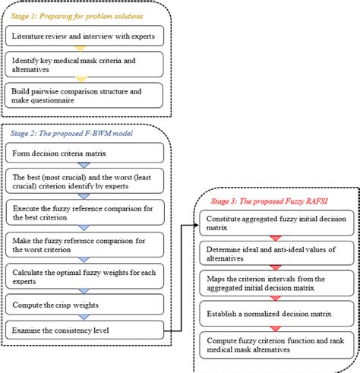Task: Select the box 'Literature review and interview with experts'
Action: (x=84, y=36)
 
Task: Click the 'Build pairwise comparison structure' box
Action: (x=84, y=94)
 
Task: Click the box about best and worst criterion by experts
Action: (x=84, y=182)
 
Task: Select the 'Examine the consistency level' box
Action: (x=84, y=330)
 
